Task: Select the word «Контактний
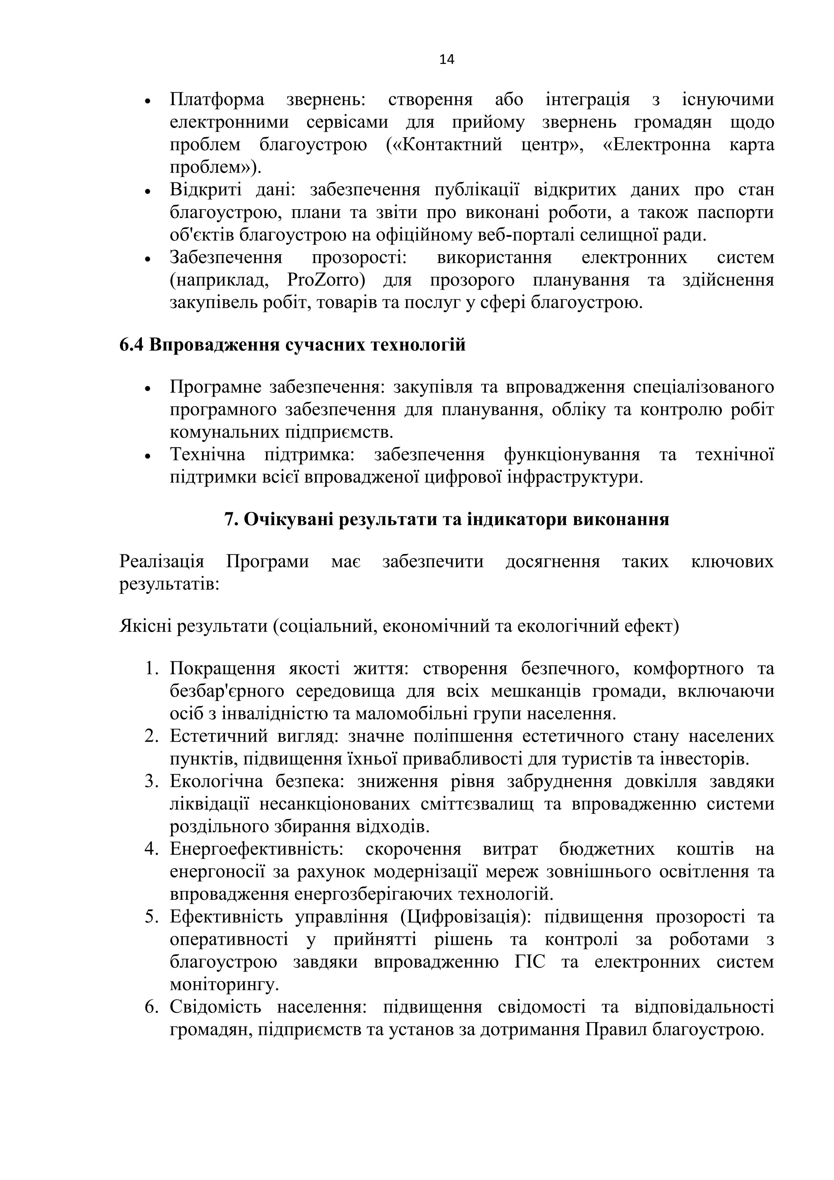[x=451, y=145]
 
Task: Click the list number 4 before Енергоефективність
[x=151, y=849]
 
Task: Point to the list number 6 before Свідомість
[x=151, y=1007]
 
